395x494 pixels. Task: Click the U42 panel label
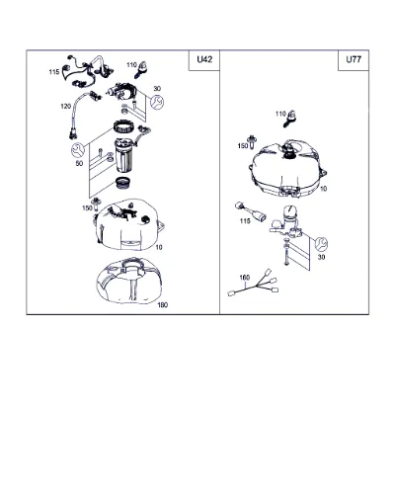(204, 59)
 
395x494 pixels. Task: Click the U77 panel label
(354, 59)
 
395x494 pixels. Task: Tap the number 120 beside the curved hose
(65, 107)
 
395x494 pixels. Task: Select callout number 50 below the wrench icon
(79, 163)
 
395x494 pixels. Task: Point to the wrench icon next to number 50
(78, 150)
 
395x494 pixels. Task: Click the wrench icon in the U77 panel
(321, 244)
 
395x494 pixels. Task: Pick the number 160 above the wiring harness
(245, 278)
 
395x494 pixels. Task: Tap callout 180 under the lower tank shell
(163, 305)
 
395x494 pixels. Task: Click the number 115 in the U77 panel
(245, 221)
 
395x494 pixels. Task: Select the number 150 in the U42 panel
(87, 208)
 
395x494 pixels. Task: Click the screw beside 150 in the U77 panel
(252, 141)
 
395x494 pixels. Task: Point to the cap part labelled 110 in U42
(141, 70)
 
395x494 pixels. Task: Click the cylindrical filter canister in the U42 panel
(124, 155)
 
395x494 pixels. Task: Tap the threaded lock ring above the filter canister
(124, 126)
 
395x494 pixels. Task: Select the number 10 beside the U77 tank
(324, 189)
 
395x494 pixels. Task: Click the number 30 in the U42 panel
(157, 89)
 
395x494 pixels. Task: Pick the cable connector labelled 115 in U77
(251, 212)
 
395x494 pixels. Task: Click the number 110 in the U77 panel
(280, 114)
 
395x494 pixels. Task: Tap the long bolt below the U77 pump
(285, 253)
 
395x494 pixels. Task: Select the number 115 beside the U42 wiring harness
(54, 72)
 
